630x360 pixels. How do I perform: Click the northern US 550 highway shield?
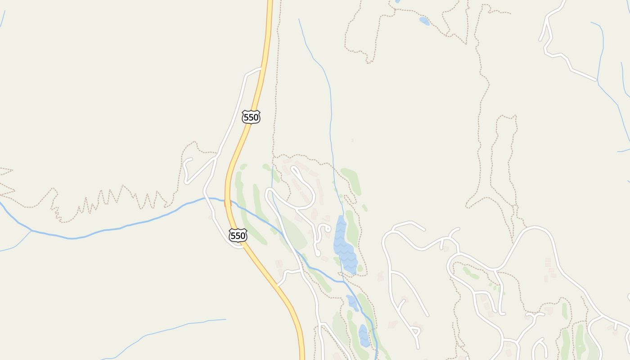(251, 117)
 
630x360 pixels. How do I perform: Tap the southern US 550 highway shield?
(238, 235)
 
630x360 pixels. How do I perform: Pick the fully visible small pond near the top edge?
(424, 21)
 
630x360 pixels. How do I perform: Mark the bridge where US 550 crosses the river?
(228, 203)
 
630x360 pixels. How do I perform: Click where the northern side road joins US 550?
(261, 68)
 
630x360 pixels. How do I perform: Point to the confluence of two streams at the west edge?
(31, 230)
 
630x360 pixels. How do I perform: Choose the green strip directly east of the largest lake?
(351, 227)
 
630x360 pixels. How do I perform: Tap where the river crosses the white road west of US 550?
(206, 198)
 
